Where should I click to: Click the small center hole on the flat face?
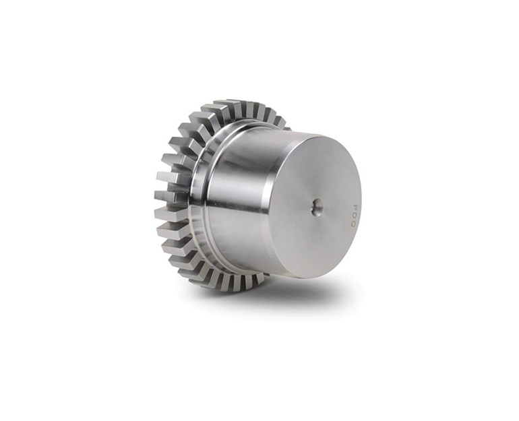[x=316, y=207]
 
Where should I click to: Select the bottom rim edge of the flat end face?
[x=303, y=276]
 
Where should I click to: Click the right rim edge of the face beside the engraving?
[x=361, y=202]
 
